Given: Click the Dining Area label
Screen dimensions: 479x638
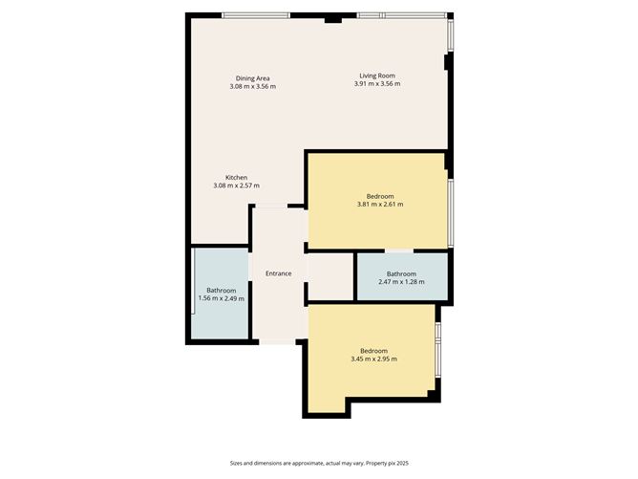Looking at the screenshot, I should pyautogui.click(x=252, y=77).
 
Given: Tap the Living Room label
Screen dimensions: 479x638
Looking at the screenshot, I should pyautogui.click(x=377, y=76).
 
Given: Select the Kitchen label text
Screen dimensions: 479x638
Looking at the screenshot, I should pyautogui.click(x=237, y=177).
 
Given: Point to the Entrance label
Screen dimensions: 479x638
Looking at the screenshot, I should pyautogui.click(x=278, y=274).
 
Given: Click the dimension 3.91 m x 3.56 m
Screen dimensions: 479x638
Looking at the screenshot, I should pyautogui.click(x=377, y=85).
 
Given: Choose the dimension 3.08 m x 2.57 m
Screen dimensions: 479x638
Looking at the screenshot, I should pyautogui.click(x=237, y=185).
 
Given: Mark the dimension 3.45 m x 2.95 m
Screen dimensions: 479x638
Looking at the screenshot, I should pyautogui.click(x=373, y=359).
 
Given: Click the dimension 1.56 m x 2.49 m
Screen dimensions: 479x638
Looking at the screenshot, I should pyautogui.click(x=221, y=299).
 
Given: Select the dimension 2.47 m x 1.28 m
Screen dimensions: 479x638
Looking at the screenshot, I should pyautogui.click(x=401, y=283).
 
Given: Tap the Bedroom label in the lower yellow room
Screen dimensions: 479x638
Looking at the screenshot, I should pyautogui.click(x=373, y=350).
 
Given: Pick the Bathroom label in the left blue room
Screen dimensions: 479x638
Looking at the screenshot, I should pyautogui.click(x=221, y=291).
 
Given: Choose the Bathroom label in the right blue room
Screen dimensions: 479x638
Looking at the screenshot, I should pyautogui.click(x=401, y=274).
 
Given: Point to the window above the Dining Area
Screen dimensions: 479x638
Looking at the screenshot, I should pyautogui.click(x=255, y=15).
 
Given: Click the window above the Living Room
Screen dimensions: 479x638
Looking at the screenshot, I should pyautogui.click(x=401, y=15).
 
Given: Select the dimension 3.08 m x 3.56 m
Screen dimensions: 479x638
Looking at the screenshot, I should pyautogui.click(x=252, y=86).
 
